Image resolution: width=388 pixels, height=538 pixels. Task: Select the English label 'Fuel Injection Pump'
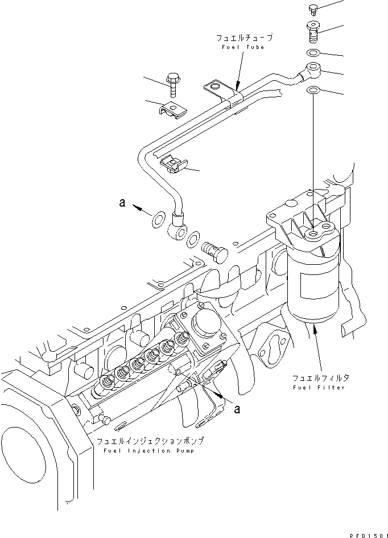click(148, 450)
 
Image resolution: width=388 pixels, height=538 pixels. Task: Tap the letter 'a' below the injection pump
click(237, 408)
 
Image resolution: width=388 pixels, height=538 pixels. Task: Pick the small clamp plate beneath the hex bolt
click(173, 109)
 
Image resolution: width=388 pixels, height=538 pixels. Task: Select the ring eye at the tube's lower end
click(177, 229)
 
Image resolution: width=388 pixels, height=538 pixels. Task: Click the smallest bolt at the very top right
click(312, 8)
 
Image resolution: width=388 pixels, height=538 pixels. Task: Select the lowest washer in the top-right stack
click(313, 91)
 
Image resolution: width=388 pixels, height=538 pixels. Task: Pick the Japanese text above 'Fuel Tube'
click(244, 38)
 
